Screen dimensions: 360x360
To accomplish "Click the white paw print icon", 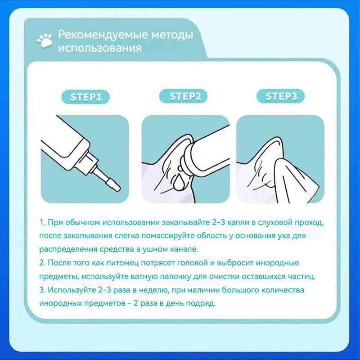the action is (x=45, y=40).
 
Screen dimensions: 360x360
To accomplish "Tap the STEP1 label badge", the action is (x=85, y=97).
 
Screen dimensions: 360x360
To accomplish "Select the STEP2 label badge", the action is (x=183, y=96).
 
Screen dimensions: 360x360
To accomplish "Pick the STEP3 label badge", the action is (x=280, y=96).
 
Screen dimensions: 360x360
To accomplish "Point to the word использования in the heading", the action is (x=99, y=49).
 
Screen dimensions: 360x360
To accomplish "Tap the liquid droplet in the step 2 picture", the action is (x=177, y=183).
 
